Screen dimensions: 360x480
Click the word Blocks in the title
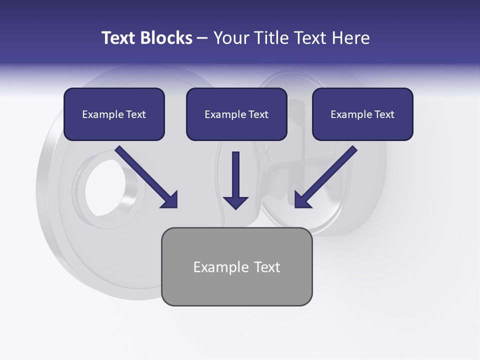pyautogui.click(x=166, y=38)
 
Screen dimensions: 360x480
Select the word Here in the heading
pyautogui.click(x=351, y=38)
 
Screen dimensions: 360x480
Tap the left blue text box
pyautogui.click(x=114, y=114)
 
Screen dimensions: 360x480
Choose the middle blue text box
pyautogui.click(x=236, y=114)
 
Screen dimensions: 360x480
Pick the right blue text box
pyautogui.click(x=362, y=114)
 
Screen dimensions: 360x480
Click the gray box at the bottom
pyautogui.click(x=236, y=266)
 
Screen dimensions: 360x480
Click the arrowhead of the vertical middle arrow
pyautogui.click(x=235, y=202)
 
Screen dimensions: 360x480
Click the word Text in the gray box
pyautogui.click(x=266, y=267)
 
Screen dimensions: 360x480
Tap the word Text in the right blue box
pyautogui.click(x=384, y=114)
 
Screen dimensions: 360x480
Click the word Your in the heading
pyautogui.click(x=231, y=38)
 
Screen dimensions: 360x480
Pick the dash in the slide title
pyautogui.click(x=202, y=38)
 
